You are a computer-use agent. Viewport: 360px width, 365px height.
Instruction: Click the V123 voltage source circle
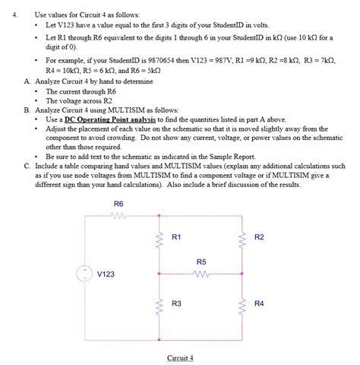coord(85,274)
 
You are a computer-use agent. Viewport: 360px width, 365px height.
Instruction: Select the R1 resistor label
coord(176,238)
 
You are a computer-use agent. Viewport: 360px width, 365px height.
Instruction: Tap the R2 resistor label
coord(259,238)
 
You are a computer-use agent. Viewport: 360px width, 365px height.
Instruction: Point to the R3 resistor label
coord(176,303)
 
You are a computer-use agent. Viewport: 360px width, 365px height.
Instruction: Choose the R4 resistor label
coord(259,303)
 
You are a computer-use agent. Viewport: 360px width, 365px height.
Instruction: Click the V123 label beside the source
coord(108,274)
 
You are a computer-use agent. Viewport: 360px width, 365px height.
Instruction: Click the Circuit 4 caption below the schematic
coord(181,357)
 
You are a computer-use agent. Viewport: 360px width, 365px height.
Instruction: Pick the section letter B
coord(27,109)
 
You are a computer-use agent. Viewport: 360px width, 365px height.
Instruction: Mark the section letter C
coord(27,165)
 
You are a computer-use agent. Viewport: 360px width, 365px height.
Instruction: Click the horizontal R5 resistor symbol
coord(201,274)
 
